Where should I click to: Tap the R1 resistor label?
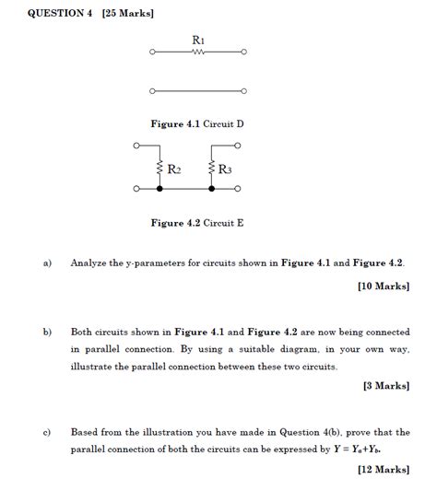(197, 40)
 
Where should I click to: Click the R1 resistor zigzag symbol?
(197, 53)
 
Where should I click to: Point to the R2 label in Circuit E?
(173, 169)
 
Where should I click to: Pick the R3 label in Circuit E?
(225, 169)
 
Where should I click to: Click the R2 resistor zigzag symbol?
(159, 169)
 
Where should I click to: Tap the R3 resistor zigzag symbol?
(212, 169)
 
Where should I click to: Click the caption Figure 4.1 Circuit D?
(196, 123)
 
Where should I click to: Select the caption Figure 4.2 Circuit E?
(196, 222)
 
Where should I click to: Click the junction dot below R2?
(159, 189)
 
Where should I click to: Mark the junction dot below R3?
(212, 189)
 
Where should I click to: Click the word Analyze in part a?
(89, 263)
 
